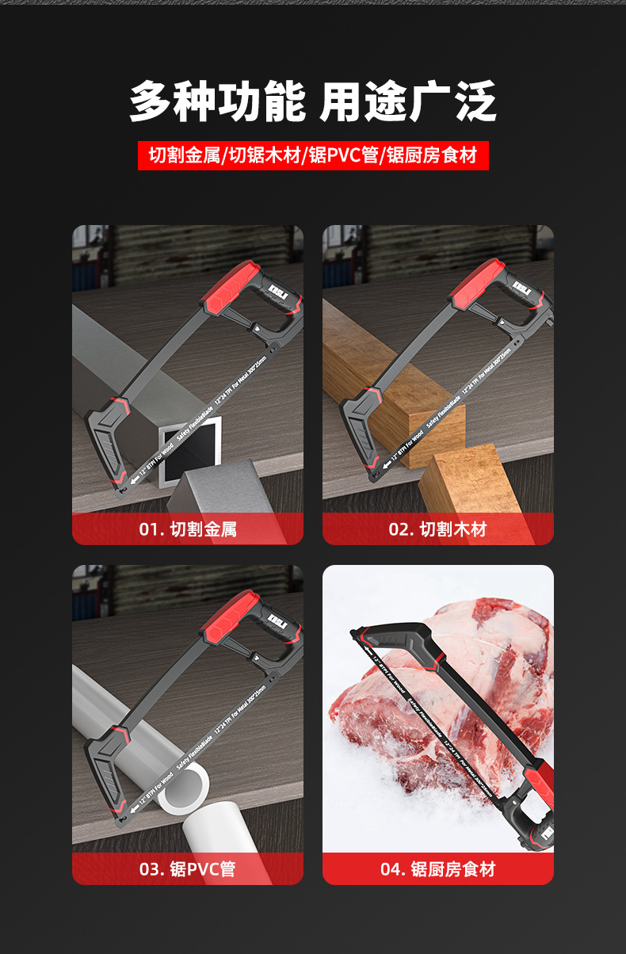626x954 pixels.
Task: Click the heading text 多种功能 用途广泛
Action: coord(313,101)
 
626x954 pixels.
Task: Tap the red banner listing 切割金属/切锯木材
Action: coord(313,155)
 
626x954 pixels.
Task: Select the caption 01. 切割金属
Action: coord(188,529)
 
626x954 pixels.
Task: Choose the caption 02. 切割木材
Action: coord(437,529)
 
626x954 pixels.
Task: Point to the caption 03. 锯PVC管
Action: coord(188,868)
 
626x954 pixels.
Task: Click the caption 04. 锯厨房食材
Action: coord(437,868)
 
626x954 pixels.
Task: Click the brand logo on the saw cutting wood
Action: coord(521,284)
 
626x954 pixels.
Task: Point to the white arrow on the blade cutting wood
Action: coord(384,466)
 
